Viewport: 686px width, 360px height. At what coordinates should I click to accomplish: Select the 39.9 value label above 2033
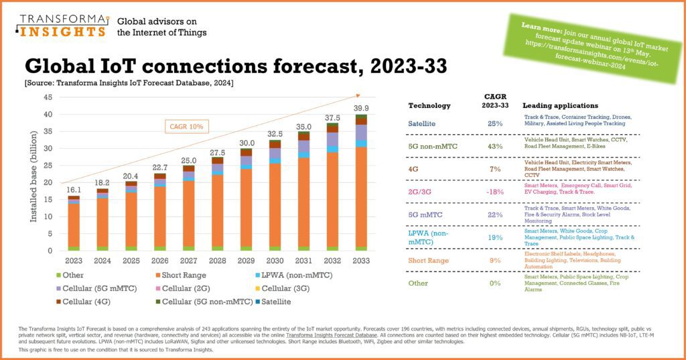[x=361, y=109]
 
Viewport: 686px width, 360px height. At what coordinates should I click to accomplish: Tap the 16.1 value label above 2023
[x=74, y=190]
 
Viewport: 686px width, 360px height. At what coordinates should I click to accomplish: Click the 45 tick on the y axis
[x=48, y=97]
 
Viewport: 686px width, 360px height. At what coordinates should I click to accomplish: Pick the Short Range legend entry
[x=182, y=275]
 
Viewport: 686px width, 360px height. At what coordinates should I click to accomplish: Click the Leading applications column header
[x=560, y=106]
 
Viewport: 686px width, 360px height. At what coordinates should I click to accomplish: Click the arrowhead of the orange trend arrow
[x=358, y=95]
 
